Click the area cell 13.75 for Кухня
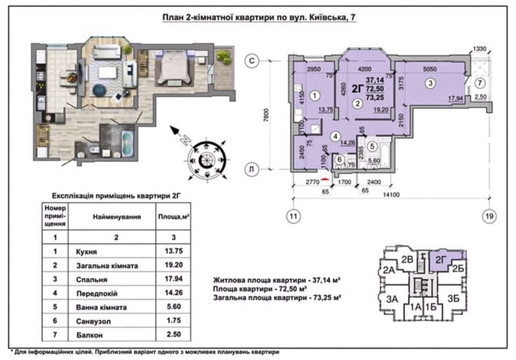click(x=173, y=251)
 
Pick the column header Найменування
click(x=117, y=217)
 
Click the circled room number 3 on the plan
click(x=430, y=83)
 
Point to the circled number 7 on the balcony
click(x=480, y=83)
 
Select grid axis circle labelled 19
click(x=489, y=216)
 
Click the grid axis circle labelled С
click(x=252, y=61)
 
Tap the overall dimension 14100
click(x=391, y=195)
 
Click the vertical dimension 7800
click(x=266, y=115)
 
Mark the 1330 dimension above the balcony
click(x=479, y=49)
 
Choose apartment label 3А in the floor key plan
click(x=392, y=299)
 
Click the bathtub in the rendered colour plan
click(x=127, y=144)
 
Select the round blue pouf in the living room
click(x=98, y=90)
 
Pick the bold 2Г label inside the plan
click(x=358, y=89)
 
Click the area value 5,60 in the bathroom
click(x=374, y=160)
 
